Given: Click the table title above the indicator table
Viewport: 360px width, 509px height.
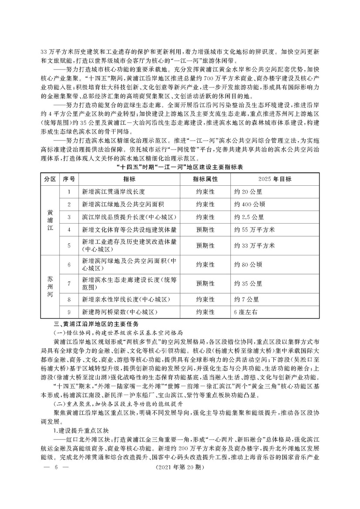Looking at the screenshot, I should pyautogui.click(x=180, y=167).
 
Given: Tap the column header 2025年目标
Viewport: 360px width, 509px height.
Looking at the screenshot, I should pyautogui.click(x=275, y=179).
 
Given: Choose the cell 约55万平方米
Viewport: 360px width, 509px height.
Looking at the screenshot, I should pyautogui.click(x=254, y=229).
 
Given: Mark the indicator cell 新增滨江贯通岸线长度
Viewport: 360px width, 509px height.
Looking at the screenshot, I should pyautogui.click(x=113, y=191).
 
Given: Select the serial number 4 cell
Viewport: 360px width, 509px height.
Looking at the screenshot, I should pyautogui.click(x=69, y=229).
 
